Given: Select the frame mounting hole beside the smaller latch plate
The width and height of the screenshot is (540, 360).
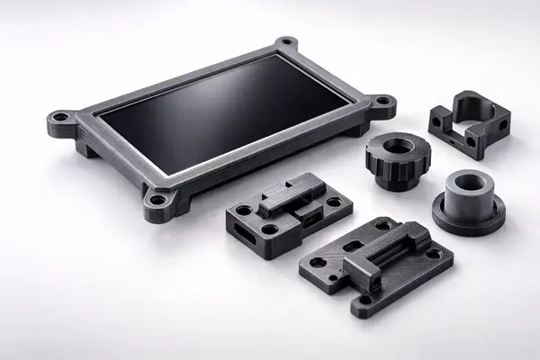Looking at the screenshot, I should (157, 200).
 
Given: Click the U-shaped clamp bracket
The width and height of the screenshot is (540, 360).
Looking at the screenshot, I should (467, 125).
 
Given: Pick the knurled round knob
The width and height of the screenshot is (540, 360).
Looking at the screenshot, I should (398, 157).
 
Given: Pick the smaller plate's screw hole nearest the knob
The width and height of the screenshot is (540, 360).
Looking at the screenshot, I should (335, 202).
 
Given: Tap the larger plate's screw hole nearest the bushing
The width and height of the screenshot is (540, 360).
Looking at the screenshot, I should (435, 254).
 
